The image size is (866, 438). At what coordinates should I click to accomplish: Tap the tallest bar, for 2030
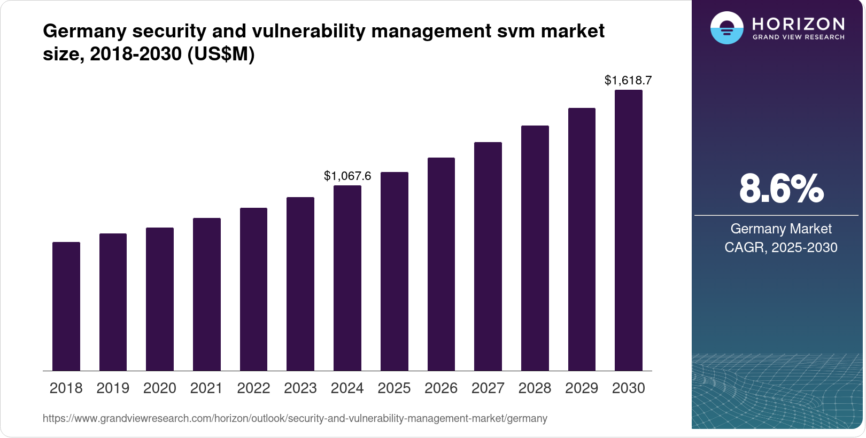tap(629, 230)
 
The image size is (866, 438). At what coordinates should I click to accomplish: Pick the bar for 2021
tap(207, 294)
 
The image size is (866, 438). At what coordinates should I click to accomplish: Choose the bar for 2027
tap(488, 256)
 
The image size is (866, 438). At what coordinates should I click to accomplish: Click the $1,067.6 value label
tap(347, 176)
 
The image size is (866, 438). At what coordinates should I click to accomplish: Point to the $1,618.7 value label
tap(628, 80)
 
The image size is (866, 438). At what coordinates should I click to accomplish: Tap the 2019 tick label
tap(113, 388)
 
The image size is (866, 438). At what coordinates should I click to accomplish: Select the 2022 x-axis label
tap(253, 388)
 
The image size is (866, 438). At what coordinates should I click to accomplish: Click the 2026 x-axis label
tap(441, 388)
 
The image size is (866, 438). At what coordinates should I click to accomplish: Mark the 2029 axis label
tap(582, 388)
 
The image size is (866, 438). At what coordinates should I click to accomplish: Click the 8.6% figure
tap(781, 189)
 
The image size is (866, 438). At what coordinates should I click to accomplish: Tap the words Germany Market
tap(781, 229)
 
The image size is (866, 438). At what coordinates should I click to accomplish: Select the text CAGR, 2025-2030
tap(781, 247)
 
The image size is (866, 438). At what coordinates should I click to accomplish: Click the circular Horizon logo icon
tap(726, 28)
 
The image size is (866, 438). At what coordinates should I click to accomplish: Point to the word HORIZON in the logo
tap(798, 24)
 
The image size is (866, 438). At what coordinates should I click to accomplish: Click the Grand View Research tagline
tap(798, 37)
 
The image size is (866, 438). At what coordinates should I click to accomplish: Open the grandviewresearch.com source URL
tap(295, 418)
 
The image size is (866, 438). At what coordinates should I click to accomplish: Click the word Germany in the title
tap(84, 31)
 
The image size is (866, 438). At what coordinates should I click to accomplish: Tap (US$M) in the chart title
tap(221, 54)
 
